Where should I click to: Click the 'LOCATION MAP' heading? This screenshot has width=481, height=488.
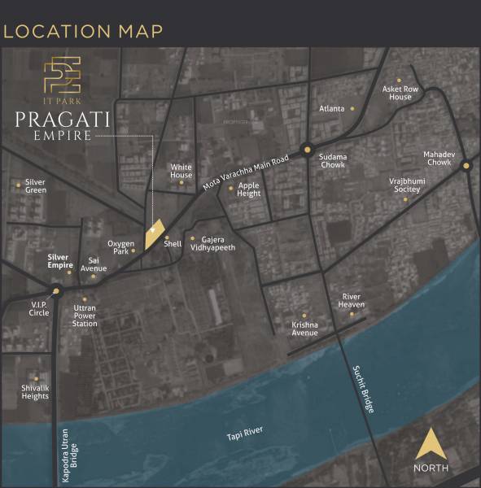coord(83,32)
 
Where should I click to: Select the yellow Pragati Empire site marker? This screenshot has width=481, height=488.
coord(153,234)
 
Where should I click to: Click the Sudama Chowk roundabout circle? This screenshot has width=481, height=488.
coord(307,149)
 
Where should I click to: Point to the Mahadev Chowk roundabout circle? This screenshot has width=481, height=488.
coord(466,166)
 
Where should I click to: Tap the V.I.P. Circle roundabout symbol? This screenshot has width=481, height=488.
coord(56,290)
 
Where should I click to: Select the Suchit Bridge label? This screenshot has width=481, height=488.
coord(364,389)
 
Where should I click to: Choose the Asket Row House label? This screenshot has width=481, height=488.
coord(400,93)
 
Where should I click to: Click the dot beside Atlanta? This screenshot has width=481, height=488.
coord(352,108)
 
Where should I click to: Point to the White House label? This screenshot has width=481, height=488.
coord(181,171)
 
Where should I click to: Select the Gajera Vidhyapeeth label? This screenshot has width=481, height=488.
coord(217,243)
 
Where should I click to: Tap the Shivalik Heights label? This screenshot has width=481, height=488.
coord(35,392)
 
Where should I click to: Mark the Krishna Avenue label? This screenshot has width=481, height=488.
coord(304,329)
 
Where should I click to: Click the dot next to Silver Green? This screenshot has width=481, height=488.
coord(18,185)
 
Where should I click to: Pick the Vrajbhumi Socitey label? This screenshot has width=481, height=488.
coord(404,185)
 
